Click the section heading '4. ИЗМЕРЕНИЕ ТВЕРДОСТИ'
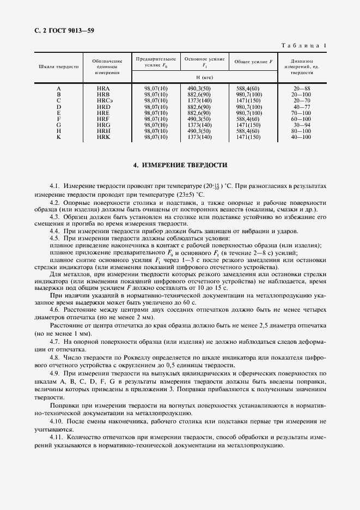[180, 164]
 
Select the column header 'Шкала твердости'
[59, 66]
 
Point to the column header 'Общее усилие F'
[253, 62]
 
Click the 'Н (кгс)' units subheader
[204, 77]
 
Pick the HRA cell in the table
[103, 88]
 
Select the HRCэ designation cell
[104, 101]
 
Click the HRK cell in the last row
[103, 137]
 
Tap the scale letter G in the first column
[59, 125]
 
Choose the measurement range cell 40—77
[301, 107]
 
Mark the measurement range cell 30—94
[301, 125]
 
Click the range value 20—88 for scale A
[301, 88]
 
